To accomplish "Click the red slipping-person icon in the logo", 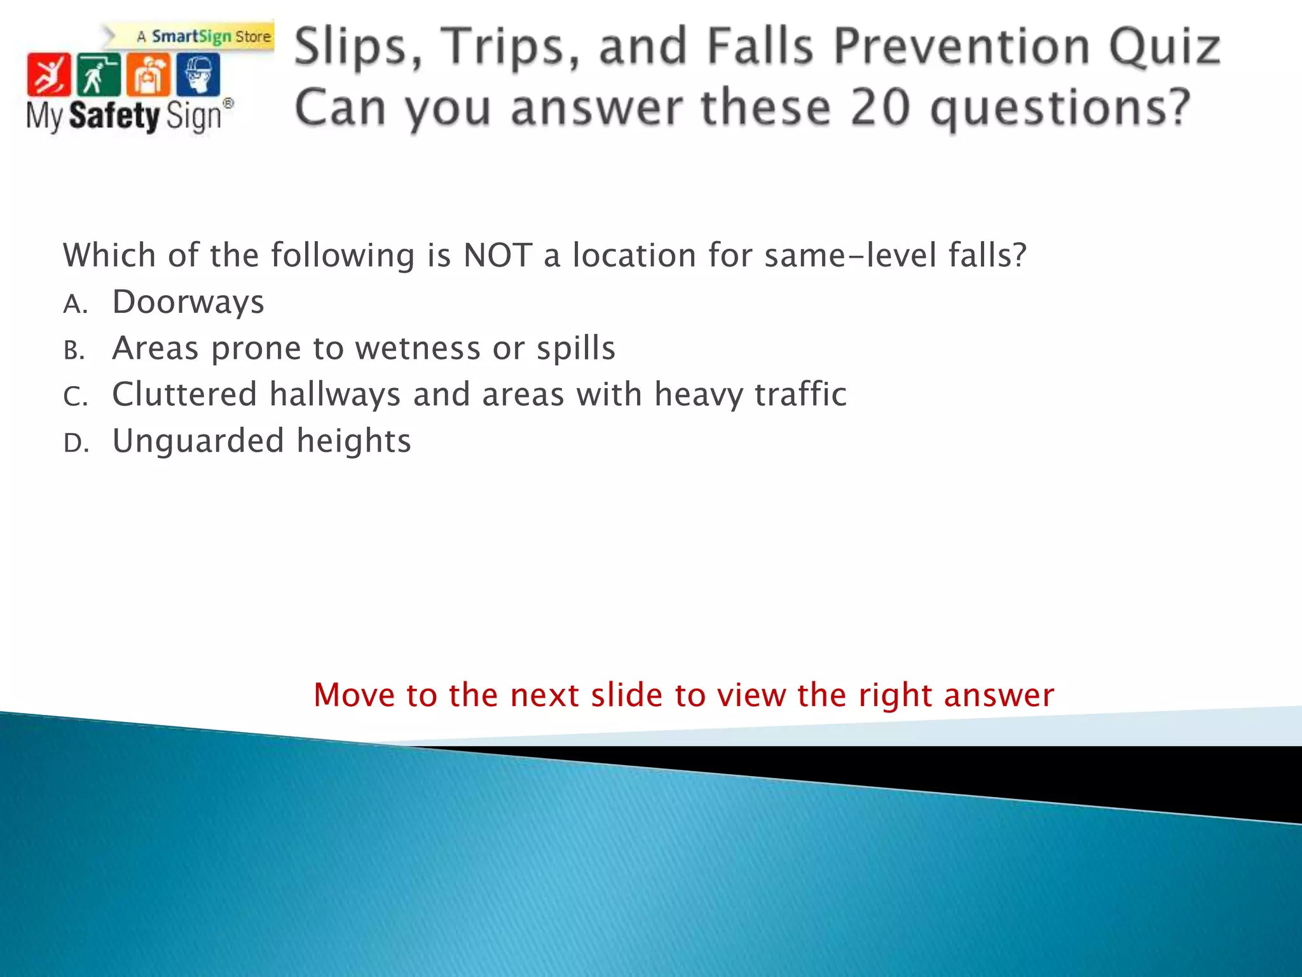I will [x=49, y=75].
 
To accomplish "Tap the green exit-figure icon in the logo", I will [x=98, y=75].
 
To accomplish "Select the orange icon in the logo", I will [x=148, y=75].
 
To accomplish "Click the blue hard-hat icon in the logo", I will [x=198, y=75].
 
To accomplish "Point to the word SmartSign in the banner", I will [x=191, y=37].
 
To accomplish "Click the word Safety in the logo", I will [x=114, y=116].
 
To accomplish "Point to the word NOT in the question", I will [x=497, y=256].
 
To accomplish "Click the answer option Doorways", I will [x=188, y=301].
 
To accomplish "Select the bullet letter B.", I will [x=74, y=350].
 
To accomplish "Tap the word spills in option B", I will [x=575, y=349].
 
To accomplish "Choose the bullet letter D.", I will [x=75, y=443].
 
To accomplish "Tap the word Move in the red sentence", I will [x=354, y=695].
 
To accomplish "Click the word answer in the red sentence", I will [x=999, y=695].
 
